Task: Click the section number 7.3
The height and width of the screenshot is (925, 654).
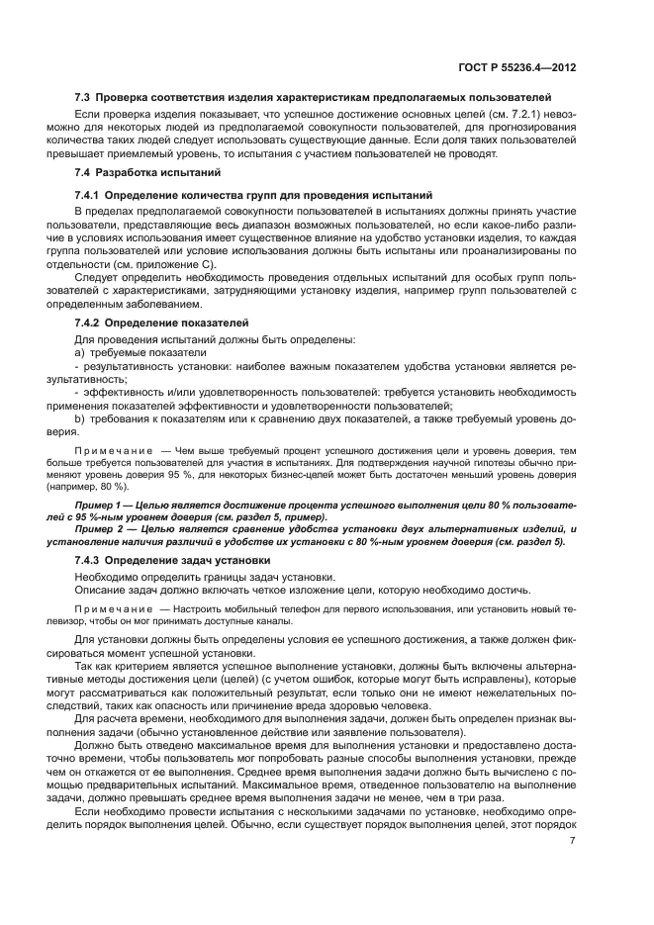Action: tap(84, 98)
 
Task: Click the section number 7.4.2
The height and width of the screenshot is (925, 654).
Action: tap(89, 324)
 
